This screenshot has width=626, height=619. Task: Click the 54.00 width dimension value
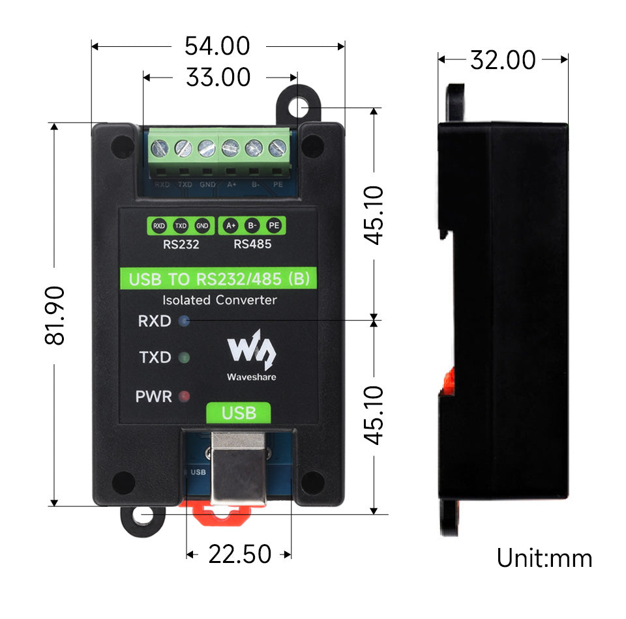[217, 46]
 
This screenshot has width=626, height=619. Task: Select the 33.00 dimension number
[218, 78]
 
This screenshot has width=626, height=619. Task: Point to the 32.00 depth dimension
[503, 60]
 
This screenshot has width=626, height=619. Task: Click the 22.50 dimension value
[239, 554]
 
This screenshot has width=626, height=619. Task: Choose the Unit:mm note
[544, 558]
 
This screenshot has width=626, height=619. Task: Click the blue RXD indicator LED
[184, 321]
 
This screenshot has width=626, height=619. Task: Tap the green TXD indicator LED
[184, 357]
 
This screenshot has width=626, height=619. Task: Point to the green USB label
[239, 412]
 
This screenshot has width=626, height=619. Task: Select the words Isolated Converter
[219, 300]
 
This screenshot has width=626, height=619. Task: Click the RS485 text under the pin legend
[252, 246]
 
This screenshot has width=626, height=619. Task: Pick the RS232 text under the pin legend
[181, 246]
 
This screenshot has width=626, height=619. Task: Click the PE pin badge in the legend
[274, 226]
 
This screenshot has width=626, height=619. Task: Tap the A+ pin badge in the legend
[230, 226]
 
